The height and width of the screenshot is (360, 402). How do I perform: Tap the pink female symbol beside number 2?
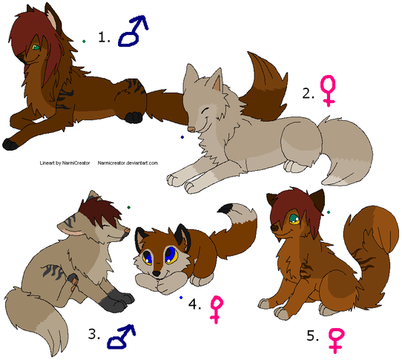click(x=328, y=91)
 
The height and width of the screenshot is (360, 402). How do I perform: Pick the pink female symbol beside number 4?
click(x=217, y=310)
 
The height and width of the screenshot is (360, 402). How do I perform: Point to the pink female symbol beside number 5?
click(x=337, y=341)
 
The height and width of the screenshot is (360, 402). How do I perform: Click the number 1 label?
click(x=104, y=37)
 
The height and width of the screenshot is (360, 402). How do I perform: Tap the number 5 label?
click(x=312, y=336)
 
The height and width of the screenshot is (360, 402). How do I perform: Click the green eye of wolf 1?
click(x=36, y=48)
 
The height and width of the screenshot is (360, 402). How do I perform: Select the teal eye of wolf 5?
click(x=294, y=220)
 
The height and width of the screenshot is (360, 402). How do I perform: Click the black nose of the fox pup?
click(x=156, y=273)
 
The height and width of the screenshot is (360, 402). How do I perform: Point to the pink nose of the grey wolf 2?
click(x=191, y=129)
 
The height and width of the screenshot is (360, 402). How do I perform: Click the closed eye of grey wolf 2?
click(x=205, y=111)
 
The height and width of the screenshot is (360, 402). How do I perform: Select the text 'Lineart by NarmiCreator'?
click(x=65, y=163)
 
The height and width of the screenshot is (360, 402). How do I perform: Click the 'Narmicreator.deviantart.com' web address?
click(x=128, y=163)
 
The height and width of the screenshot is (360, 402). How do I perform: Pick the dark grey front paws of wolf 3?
click(x=116, y=300)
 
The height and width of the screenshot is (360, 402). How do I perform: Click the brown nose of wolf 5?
click(x=275, y=228)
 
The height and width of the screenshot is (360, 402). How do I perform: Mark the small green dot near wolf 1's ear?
click(x=84, y=41)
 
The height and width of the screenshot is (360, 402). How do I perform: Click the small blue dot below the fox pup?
click(x=181, y=298)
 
